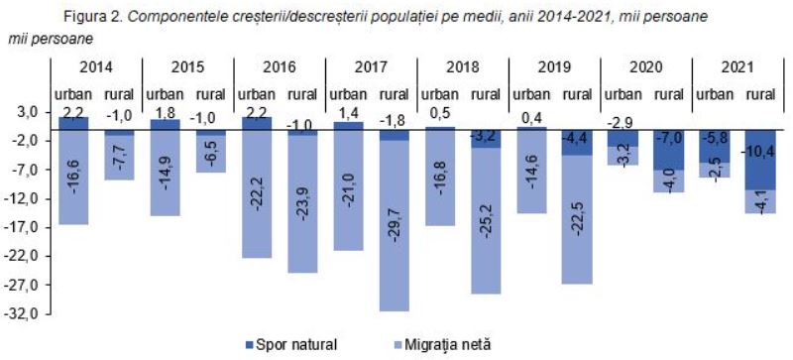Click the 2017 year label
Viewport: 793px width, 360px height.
click(x=372, y=67)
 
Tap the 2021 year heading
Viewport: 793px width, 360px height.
click(x=738, y=67)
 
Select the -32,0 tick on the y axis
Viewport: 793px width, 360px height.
click(x=21, y=314)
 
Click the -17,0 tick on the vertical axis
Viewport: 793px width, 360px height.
click(x=21, y=228)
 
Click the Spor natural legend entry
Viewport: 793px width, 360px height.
click(x=289, y=345)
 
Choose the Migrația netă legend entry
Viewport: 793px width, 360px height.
click(x=436, y=345)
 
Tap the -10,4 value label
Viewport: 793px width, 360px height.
click(x=759, y=151)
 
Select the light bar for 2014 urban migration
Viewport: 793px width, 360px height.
click(x=73, y=178)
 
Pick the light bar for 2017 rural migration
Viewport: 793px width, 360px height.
click(x=395, y=225)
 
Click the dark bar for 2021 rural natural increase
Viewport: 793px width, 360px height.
click(x=760, y=160)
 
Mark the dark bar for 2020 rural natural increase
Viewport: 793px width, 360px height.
click(x=668, y=151)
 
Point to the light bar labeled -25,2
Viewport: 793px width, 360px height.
click(x=486, y=221)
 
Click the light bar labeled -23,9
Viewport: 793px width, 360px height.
click(x=302, y=204)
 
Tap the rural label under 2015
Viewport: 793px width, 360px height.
click(x=211, y=94)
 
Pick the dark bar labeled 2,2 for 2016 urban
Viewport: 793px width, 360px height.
click(x=257, y=124)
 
